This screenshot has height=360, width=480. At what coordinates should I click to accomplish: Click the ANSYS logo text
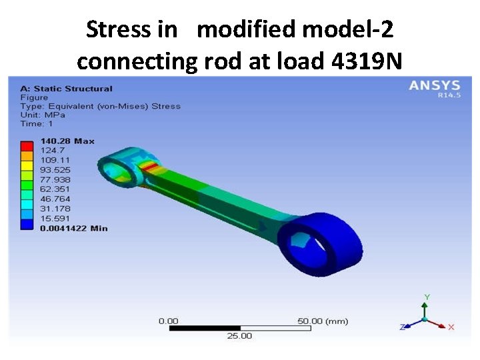pyautogui.click(x=435, y=85)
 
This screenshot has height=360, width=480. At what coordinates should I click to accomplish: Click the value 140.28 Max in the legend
pyautogui.click(x=67, y=141)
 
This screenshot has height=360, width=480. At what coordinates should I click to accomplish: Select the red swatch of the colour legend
pyautogui.click(x=27, y=146)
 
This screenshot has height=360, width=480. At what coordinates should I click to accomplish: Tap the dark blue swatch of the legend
pyautogui.click(x=27, y=225)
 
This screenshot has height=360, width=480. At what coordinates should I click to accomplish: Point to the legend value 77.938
pyautogui.click(x=55, y=180)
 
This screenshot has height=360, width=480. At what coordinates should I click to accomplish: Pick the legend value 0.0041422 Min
pyautogui.click(x=74, y=229)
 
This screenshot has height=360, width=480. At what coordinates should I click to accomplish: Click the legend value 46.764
pyautogui.click(x=55, y=199)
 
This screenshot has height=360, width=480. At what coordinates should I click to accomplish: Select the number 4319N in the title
pyautogui.click(x=367, y=61)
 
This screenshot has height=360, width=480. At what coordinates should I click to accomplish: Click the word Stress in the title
pyautogui.click(x=119, y=29)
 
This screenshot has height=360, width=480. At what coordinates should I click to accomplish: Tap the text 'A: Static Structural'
pyautogui.click(x=67, y=89)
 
